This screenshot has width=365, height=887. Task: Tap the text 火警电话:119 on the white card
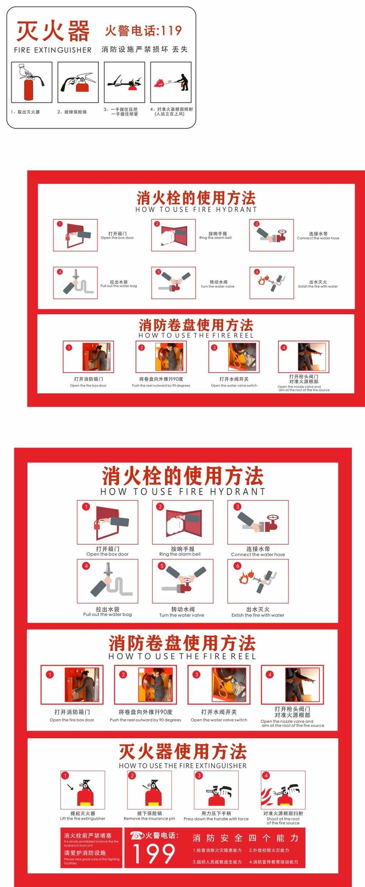pyautogui.click(x=143, y=31)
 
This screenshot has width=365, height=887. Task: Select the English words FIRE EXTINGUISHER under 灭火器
pyautogui.click(x=53, y=50)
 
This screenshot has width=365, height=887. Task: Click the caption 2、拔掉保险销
pyautogui.click(x=72, y=112)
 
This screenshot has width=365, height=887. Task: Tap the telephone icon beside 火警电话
pyautogui.click(x=137, y=835)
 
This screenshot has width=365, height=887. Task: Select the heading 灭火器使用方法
pyautogui.click(x=182, y=751)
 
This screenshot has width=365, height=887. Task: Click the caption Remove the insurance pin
pyautogui.click(x=149, y=819)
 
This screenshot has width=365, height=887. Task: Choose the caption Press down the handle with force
pyautogui.click(x=216, y=819)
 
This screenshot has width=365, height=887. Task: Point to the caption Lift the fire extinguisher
pyautogui.click(x=82, y=819)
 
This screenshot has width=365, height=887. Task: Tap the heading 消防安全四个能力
pyautogui.click(x=245, y=838)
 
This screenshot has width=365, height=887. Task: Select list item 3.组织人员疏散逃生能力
pyautogui.click(x=217, y=862)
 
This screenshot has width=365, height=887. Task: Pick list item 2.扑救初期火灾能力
pyautogui.click(x=269, y=850)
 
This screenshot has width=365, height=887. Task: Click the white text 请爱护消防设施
pyautogui.click(x=85, y=853)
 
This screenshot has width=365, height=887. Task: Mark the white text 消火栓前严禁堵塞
pyautogui.click(x=88, y=835)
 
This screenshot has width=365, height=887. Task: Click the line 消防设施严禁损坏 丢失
pyautogui.click(x=144, y=49)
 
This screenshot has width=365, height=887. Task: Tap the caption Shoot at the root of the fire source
pyautogui.click(x=283, y=821)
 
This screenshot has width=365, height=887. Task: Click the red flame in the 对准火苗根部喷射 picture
pyautogui.click(x=159, y=83)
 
